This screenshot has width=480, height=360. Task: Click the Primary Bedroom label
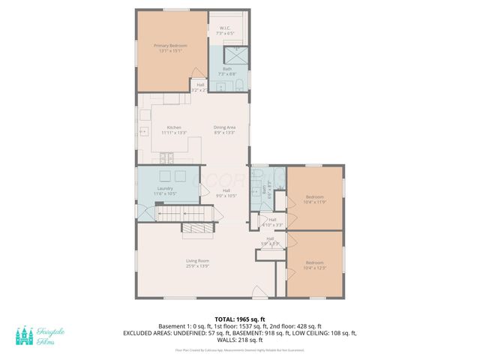pos(170,49)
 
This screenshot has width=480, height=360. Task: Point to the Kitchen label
pos(174,130)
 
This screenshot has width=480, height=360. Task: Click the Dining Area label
pos(225,130)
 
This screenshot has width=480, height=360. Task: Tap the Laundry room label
pos(166,191)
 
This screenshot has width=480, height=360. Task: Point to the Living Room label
pos(197,263)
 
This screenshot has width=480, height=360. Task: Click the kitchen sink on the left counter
pos(143,132)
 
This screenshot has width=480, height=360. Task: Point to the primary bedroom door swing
pos(198,73)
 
